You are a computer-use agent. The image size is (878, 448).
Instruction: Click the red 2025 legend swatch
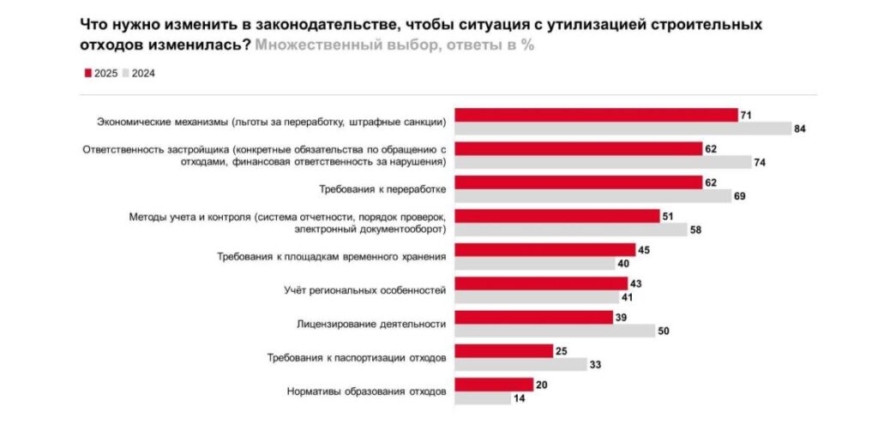87,74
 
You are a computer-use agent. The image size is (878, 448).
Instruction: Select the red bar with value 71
596,115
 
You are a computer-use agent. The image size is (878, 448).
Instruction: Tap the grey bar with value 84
622,128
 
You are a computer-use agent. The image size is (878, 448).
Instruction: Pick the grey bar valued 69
592,195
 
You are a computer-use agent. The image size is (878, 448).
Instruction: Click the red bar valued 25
502,350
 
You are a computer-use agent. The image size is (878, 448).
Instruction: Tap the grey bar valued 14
482,397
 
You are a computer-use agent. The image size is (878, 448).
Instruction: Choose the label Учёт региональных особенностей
365,290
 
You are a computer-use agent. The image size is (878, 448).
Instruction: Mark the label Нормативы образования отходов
365,391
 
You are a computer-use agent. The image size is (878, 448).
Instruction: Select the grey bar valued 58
570,230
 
